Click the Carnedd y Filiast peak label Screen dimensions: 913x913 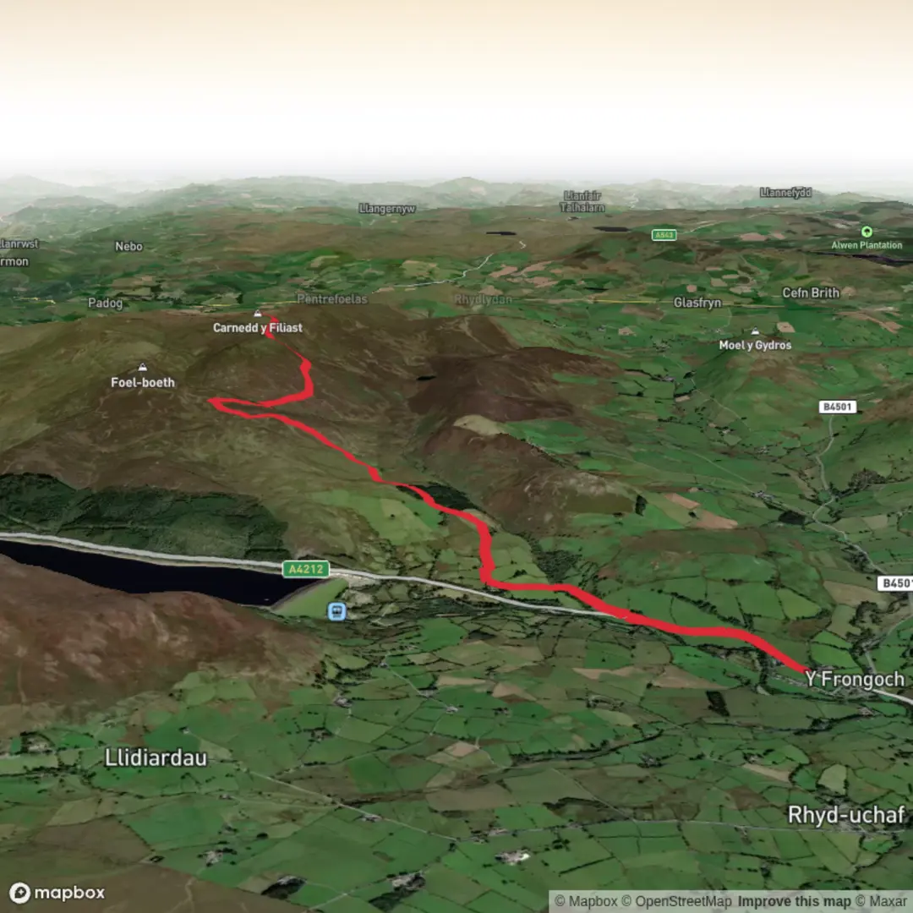(257, 327)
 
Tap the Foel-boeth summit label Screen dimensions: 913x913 (143, 382)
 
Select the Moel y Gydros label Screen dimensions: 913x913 (755, 345)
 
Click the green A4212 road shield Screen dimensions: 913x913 (305, 569)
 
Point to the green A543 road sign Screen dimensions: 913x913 (664, 234)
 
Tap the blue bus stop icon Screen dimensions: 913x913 (336, 610)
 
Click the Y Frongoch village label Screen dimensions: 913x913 (854, 679)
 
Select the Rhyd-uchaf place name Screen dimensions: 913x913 (845, 815)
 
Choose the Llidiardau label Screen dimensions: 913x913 (156, 757)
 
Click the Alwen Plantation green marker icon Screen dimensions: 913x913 (866, 231)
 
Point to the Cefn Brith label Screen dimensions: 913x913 (811, 292)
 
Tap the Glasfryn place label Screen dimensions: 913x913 (697, 302)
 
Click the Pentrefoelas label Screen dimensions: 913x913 (334, 299)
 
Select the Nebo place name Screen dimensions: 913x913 (128, 246)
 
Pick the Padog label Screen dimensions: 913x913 (105, 303)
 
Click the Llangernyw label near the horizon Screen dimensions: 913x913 (386, 208)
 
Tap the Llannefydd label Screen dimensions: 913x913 (785, 193)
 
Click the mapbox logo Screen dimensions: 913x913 (57, 893)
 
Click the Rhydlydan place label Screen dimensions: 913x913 (483, 299)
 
